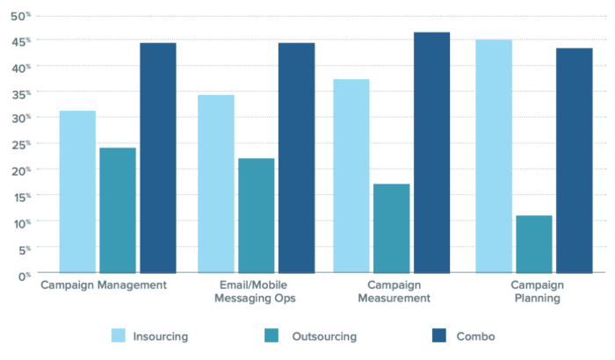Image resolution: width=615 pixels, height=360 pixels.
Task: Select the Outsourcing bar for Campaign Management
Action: [x=118, y=210]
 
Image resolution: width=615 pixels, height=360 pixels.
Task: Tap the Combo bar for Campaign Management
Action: [x=158, y=158]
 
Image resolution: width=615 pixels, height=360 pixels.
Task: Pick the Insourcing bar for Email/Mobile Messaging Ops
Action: [x=215, y=184]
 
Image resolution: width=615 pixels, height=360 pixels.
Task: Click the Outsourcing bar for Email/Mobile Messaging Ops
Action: [x=256, y=215]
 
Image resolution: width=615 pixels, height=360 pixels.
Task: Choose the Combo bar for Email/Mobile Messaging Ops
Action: [x=296, y=158]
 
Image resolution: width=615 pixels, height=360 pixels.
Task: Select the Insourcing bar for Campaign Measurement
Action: [x=351, y=176]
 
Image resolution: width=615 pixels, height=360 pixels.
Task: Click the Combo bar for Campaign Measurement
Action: [x=432, y=153]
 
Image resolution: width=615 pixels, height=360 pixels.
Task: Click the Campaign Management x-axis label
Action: [x=104, y=285]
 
